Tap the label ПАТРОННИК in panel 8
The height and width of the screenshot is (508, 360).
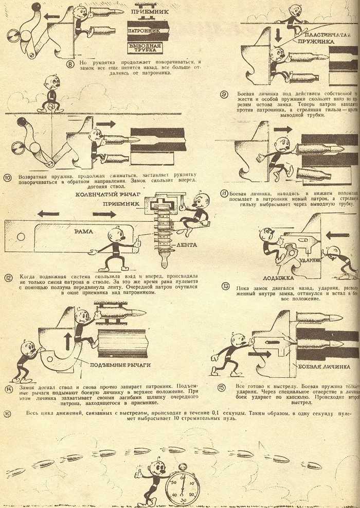click(x=148, y=31)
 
